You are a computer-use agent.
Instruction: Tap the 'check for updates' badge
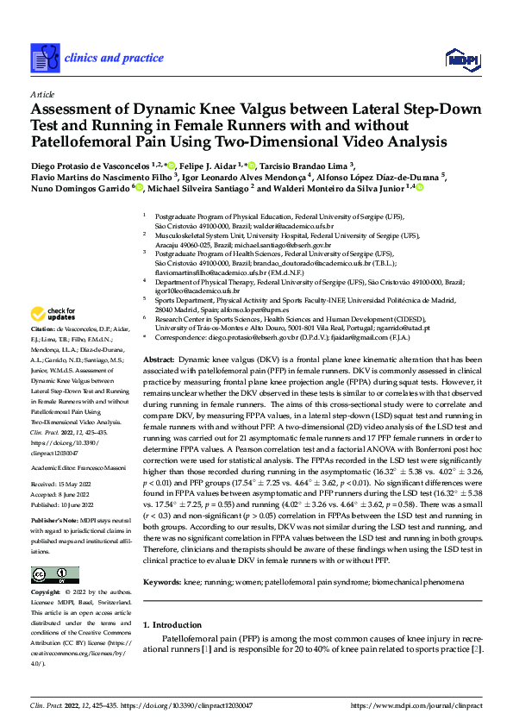[56, 314]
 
